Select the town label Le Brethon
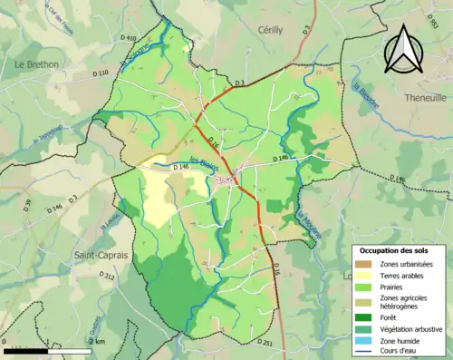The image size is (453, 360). coord(36,64)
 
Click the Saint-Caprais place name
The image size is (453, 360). coord(101,256)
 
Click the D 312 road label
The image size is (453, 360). coord(106,275)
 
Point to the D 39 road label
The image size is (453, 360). coord(26,204)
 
